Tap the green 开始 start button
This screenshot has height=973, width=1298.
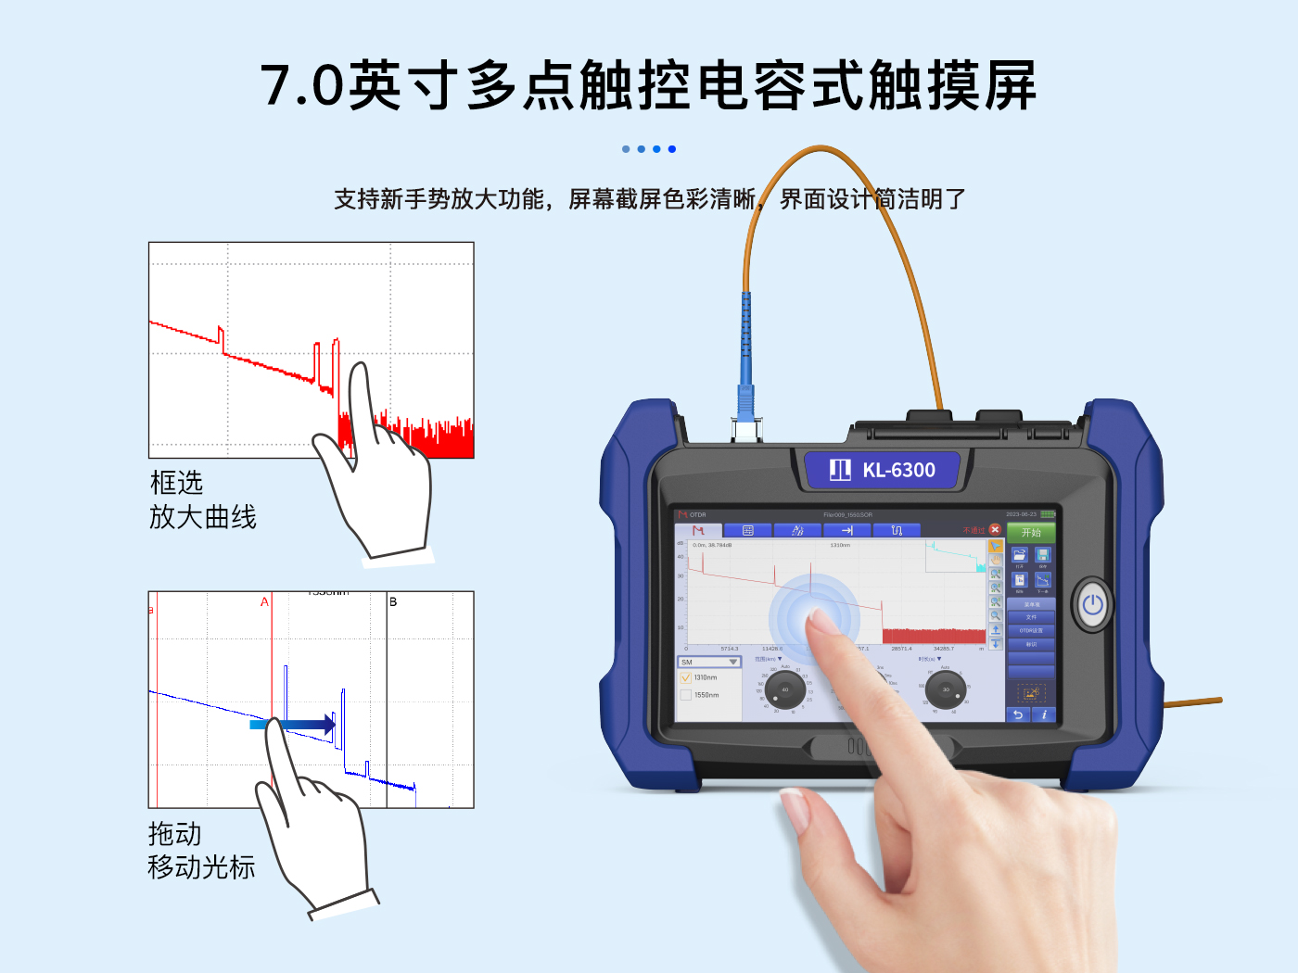tap(1031, 533)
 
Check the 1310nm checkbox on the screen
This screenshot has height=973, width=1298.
tap(686, 678)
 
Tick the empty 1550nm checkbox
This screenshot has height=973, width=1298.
tap(686, 695)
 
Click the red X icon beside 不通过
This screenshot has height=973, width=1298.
tap(995, 530)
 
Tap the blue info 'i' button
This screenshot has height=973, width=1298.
tap(1044, 714)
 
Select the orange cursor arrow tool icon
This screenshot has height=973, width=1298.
tap(995, 547)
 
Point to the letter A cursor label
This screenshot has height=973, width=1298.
tap(264, 602)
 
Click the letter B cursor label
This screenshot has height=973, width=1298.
tap(393, 602)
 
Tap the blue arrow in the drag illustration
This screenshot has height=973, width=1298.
tap(306, 725)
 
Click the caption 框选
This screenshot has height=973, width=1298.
tap(176, 483)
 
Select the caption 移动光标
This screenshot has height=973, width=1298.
tap(201, 867)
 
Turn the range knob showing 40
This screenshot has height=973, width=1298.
tap(785, 690)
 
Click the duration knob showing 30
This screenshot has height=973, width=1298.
tap(946, 690)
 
